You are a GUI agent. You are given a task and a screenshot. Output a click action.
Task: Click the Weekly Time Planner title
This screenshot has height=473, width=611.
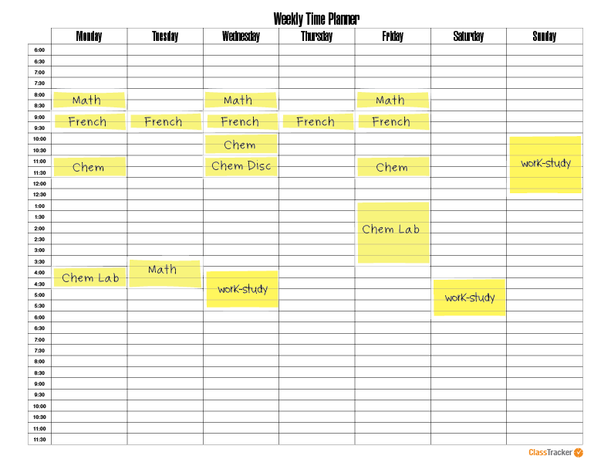pos(316,19)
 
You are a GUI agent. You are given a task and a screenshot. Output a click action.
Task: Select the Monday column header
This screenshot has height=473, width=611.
pos(89,36)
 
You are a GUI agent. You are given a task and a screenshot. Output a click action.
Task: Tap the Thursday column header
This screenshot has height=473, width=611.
pos(316,36)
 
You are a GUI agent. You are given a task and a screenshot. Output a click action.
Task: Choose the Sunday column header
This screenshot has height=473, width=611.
pos(545,36)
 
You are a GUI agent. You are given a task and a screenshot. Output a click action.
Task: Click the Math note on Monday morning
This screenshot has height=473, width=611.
pos(88,100)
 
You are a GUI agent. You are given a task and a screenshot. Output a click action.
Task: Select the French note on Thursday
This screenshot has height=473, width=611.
pos(316,121)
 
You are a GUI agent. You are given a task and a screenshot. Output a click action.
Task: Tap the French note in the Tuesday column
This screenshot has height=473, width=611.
pos(164,121)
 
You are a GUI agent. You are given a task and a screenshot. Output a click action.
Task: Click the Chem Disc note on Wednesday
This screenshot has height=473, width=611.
pos(241,165)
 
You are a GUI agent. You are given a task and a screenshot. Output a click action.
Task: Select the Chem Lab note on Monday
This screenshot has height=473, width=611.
pos(89,277)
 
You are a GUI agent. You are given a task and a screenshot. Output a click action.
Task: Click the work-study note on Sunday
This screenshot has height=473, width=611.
pos(545,164)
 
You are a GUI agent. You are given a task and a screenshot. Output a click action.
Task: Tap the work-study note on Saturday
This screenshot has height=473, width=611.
pos(469,298)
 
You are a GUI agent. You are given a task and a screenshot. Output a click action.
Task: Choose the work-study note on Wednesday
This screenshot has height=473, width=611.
pos(242,289)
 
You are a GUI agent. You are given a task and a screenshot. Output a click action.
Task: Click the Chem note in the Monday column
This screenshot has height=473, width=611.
pos(89,167)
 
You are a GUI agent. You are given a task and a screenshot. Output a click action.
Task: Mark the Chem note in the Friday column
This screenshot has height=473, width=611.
pos(392,167)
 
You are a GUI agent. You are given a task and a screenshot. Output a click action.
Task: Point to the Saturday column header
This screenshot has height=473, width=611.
pos(468,36)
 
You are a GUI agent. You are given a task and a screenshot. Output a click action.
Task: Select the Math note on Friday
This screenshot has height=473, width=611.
pos(391,100)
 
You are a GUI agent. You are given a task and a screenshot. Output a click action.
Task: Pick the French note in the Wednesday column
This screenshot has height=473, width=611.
pos(240,121)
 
